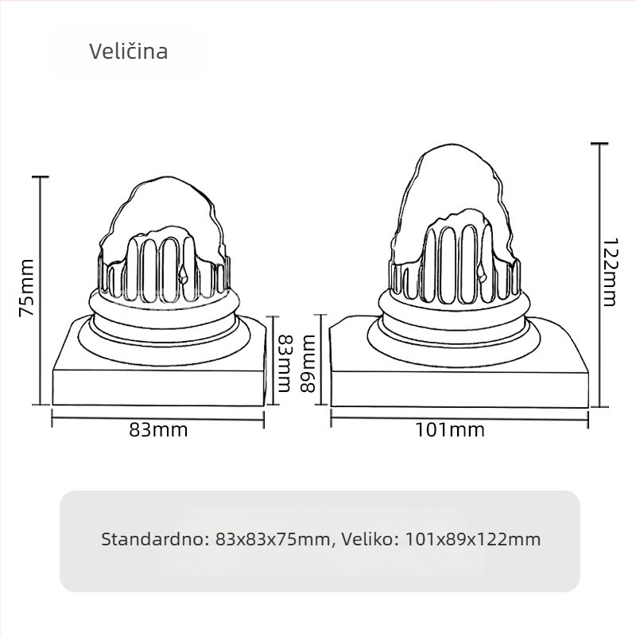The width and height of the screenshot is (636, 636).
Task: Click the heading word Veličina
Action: point(128,52)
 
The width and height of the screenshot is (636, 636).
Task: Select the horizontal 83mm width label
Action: point(158,430)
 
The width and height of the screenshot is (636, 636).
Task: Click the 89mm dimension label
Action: point(308,363)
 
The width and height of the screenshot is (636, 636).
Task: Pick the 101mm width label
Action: point(449,430)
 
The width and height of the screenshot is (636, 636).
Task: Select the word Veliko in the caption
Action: point(370,539)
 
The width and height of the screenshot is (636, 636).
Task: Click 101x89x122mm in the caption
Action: point(473,539)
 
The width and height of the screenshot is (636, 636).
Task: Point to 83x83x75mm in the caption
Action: point(273,539)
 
